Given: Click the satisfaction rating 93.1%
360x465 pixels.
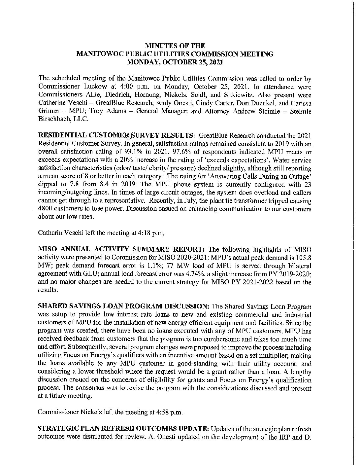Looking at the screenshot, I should [118, 152].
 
